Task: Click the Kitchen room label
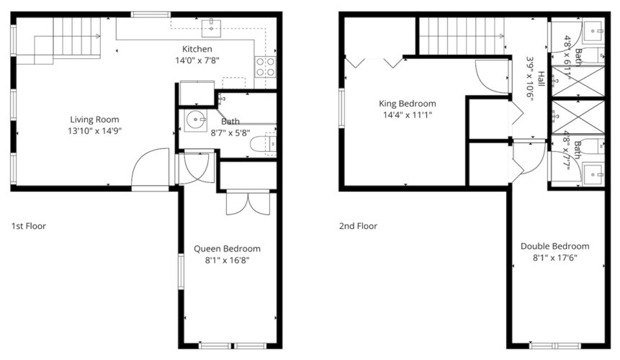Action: (x=197, y=49)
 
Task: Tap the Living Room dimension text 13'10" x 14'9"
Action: (x=94, y=131)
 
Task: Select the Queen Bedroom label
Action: (x=227, y=248)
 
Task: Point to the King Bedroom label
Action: (x=408, y=104)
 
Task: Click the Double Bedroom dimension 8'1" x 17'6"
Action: (x=554, y=258)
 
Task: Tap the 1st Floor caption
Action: (x=29, y=226)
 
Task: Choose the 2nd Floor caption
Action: (x=358, y=226)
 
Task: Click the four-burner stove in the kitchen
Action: (x=265, y=67)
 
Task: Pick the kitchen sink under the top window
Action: (x=212, y=27)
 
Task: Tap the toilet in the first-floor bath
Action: (x=263, y=144)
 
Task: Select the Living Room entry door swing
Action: (x=150, y=166)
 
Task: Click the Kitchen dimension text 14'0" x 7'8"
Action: (x=197, y=60)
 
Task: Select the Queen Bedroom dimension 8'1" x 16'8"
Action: (x=227, y=261)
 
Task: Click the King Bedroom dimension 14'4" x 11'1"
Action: (x=408, y=115)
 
